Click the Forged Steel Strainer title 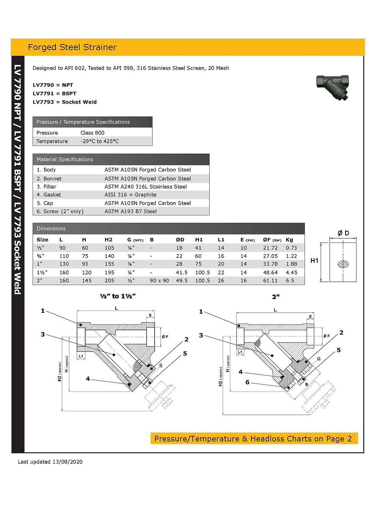pyautogui.click(x=72, y=47)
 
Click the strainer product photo pyautogui.click(x=333, y=87)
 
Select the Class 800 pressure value pyautogui.click(x=92, y=133)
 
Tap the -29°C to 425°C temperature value pyautogui.click(x=99, y=141)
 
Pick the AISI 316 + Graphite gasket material pyautogui.click(x=130, y=195)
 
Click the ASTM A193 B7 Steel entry pyautogui.click(x=130, y=211)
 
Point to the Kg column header pyautogui.click(x=289, y=240)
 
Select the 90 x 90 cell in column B pyautogui.click(x=159, y=281)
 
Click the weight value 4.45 pyautogui.click(x=291, y=273)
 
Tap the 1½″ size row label pyautogui.click(x=42, y=273)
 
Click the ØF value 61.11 pyautogui.click(x=270, y=281)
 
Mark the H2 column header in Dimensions pyautogui.click(x=108, y=240)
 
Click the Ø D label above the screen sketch pyautogui.click(x=343, y=233)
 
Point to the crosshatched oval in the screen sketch pyautogui.click(x=343, y=264)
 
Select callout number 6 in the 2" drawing pyautogui.click(x=247, y=382)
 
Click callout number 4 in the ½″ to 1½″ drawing pyautogui.click(x=88, y=379)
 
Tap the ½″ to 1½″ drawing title pyautogui.click(x=117, y=296)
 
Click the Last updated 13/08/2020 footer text pyautogui.click(x=50, y=462)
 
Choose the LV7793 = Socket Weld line pyautogui.click(x=65, y=102)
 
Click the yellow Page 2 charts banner pyautogui.click(x=254, y=439)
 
